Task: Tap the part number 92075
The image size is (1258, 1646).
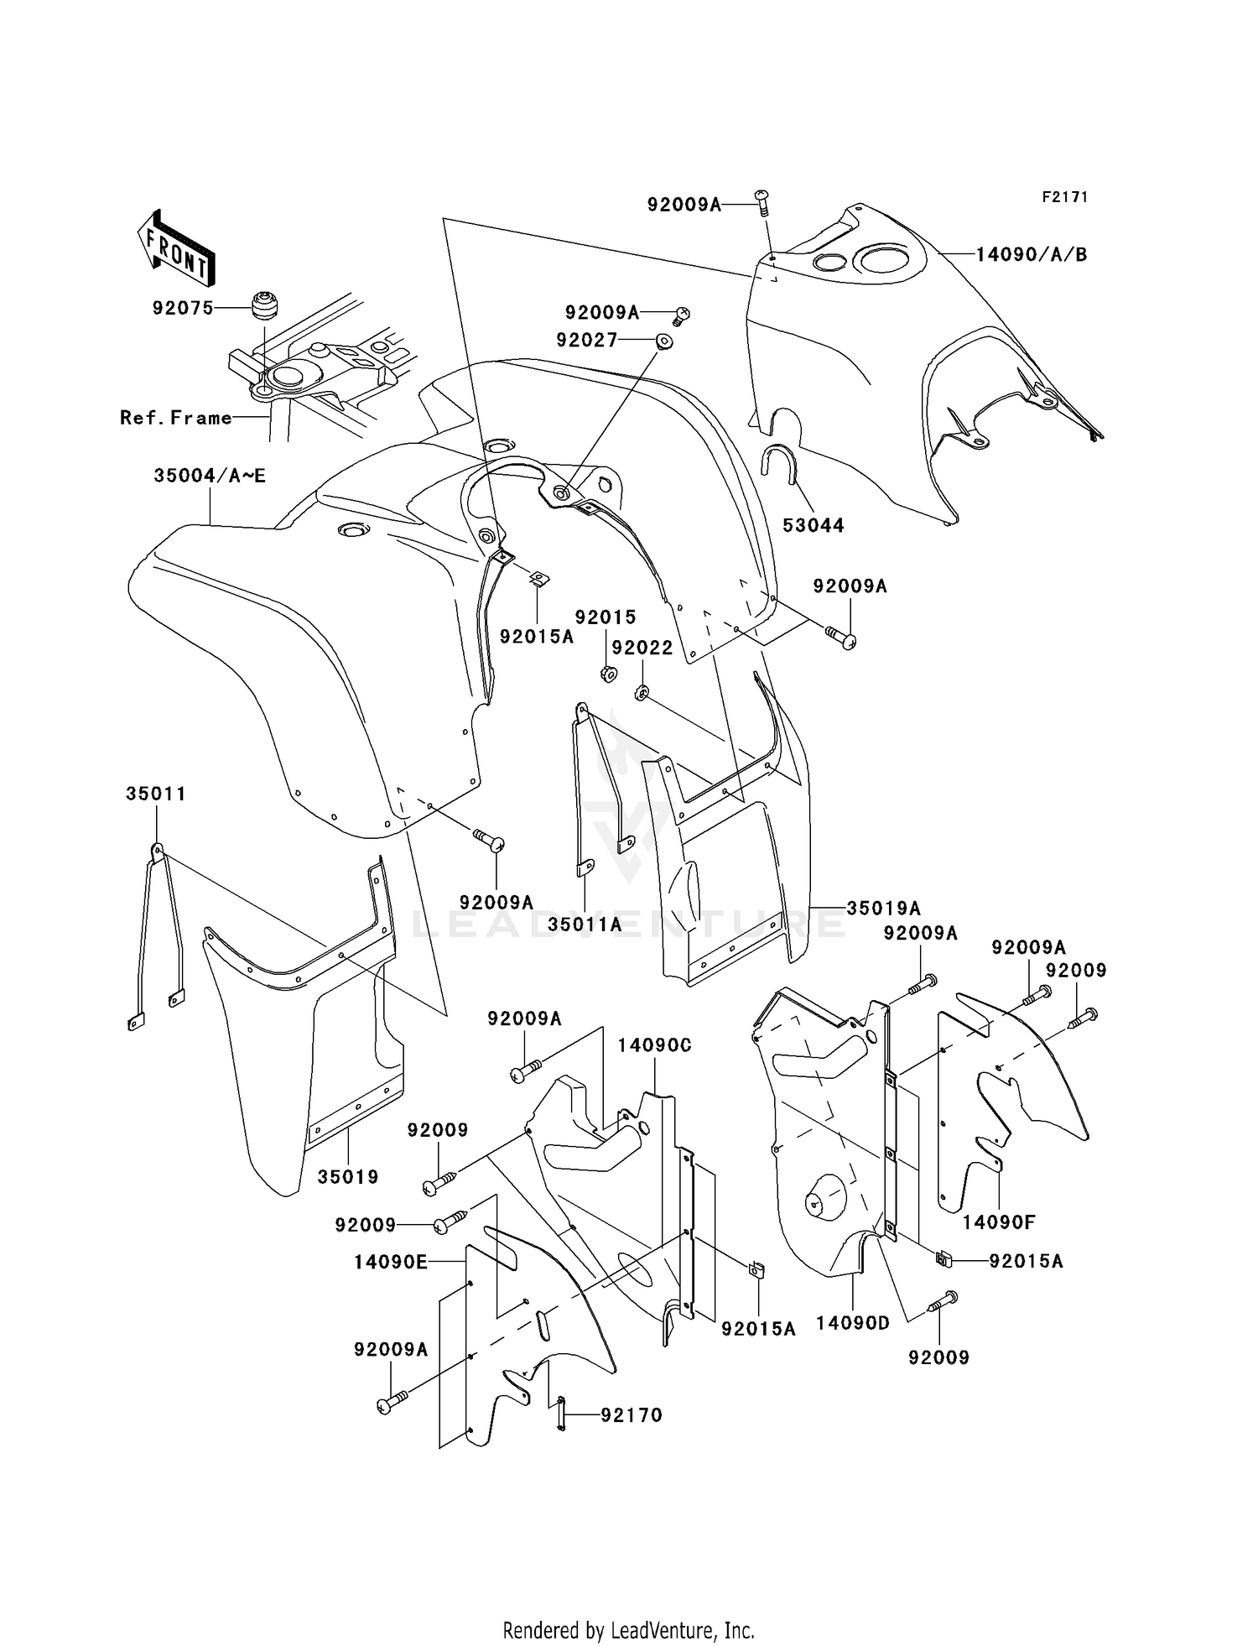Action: click(x=183, y=308)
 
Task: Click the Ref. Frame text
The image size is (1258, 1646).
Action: click(x=176, y=417)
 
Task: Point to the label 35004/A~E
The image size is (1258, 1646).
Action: click(x=210, y=476)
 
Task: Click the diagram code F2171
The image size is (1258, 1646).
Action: click(x=1065, y=197)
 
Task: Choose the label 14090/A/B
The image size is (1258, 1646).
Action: click(x=1032, y=254)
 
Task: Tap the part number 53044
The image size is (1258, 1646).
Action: click(x=814, y=525)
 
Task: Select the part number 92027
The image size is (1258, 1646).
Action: click(x=587, y=340)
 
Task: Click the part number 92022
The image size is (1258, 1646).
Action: click(x=642, y=648)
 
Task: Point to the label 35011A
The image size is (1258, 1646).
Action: click(x=585, y=925)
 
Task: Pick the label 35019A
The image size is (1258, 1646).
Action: click(x=884, y=908)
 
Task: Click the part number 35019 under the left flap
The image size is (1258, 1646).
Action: click(x=348, y=1177)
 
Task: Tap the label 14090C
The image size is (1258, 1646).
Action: click(x=655, y=1045)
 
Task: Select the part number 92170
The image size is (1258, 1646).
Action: click(x=632, y=1415)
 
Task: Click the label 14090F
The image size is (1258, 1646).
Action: click(x=999, y=1222)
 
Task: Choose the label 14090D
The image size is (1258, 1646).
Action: click(x=853, y=1323)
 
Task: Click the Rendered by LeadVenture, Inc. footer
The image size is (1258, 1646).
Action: click(x=629, y=1630)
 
